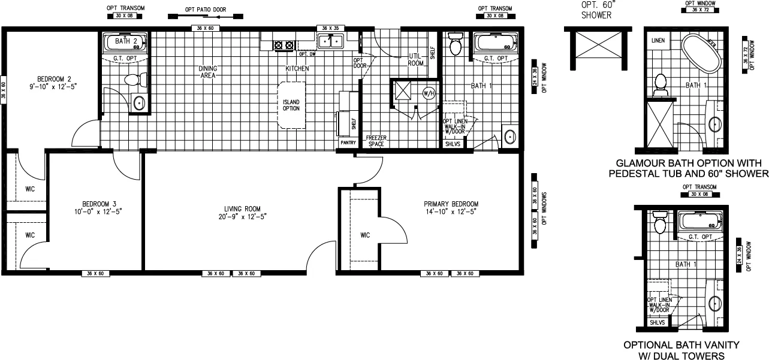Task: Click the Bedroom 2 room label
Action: click(54, 79)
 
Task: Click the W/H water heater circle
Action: click(428, 93)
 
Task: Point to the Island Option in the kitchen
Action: click(291, 105)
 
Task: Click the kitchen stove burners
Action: click(284, 44)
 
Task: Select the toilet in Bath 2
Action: click(132, 80)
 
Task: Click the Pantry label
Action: click(348, 143)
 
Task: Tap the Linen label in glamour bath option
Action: click(658, 40)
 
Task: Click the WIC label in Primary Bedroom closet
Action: click(366, 235)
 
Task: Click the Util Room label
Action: click(415, 59)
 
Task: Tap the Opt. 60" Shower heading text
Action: click(596, 10)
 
